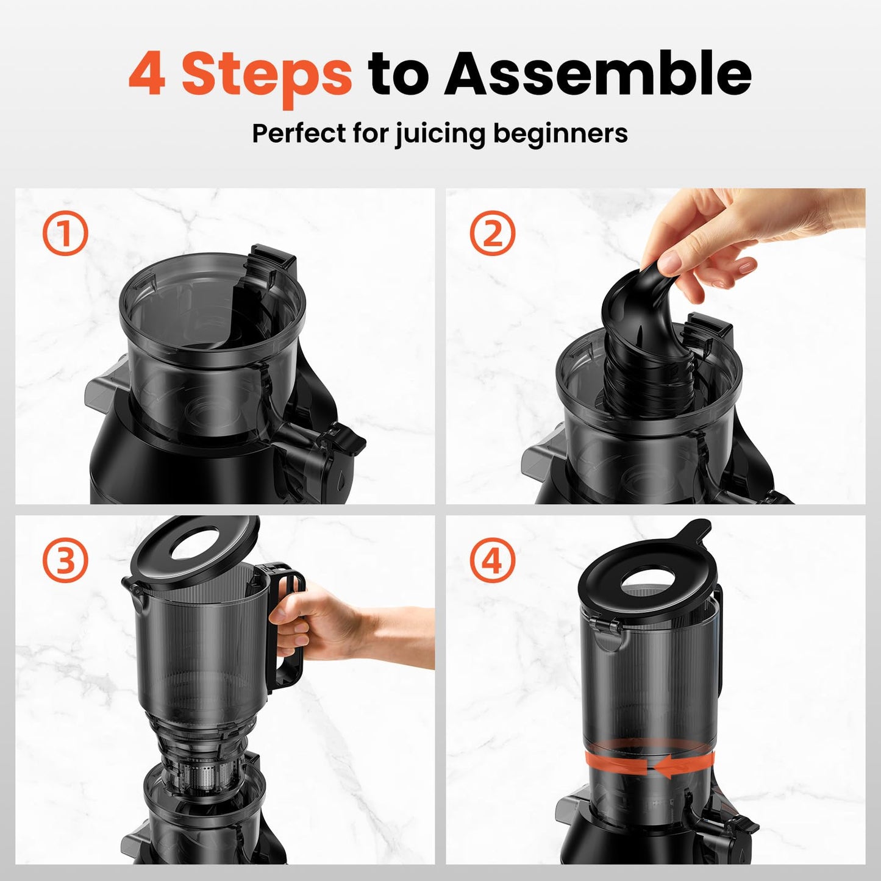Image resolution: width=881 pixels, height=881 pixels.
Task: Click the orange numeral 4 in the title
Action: click(147, 73)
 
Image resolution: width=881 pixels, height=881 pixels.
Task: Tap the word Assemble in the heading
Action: click(599, 73)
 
